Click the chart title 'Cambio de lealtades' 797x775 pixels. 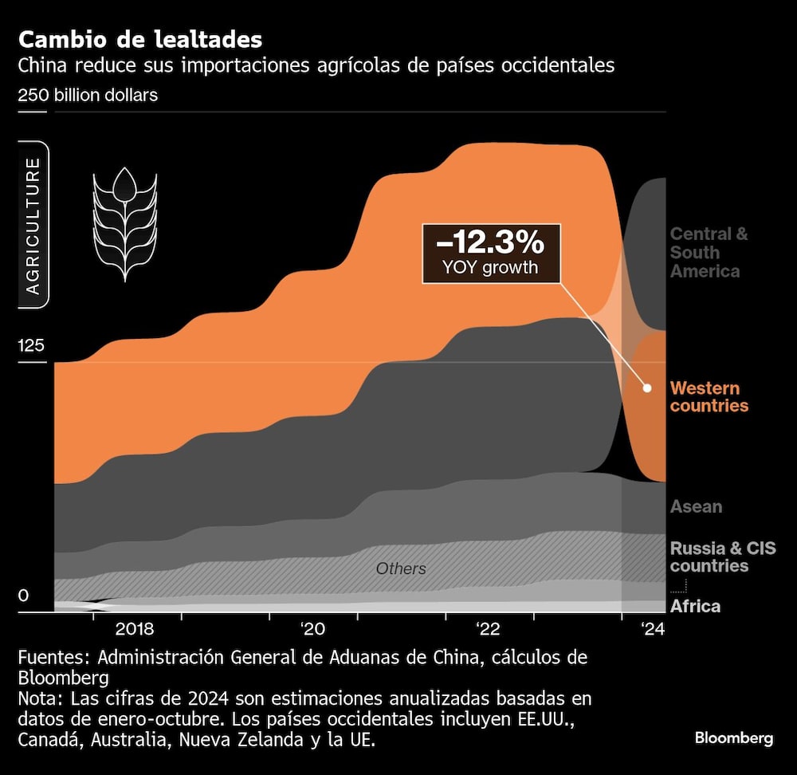pos(140,39)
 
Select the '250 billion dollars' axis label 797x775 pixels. pos(88,95)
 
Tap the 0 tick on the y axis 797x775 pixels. pos(24,596)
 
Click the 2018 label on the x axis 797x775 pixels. pos(135,628)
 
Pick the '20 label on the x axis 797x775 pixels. pos(312,628)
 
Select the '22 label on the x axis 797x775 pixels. pos(488,628)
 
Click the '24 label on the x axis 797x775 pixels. pos(652,628)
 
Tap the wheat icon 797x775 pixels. pos(124,224)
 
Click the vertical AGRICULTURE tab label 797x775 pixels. pos(33,226)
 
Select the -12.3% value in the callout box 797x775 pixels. pos(490,242)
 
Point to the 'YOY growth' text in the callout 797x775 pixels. pos(490,267)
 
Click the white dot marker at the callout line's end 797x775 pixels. pos(647,388)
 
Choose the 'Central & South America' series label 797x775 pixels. pos(709,253)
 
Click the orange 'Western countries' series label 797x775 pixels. pos(709,397)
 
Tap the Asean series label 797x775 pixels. pos(696,506)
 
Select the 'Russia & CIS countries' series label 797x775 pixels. pos(722,557)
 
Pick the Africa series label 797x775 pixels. pos(695,606)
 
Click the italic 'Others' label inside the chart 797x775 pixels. pos(401,568)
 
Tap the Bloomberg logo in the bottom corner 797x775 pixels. pos(733,738)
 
